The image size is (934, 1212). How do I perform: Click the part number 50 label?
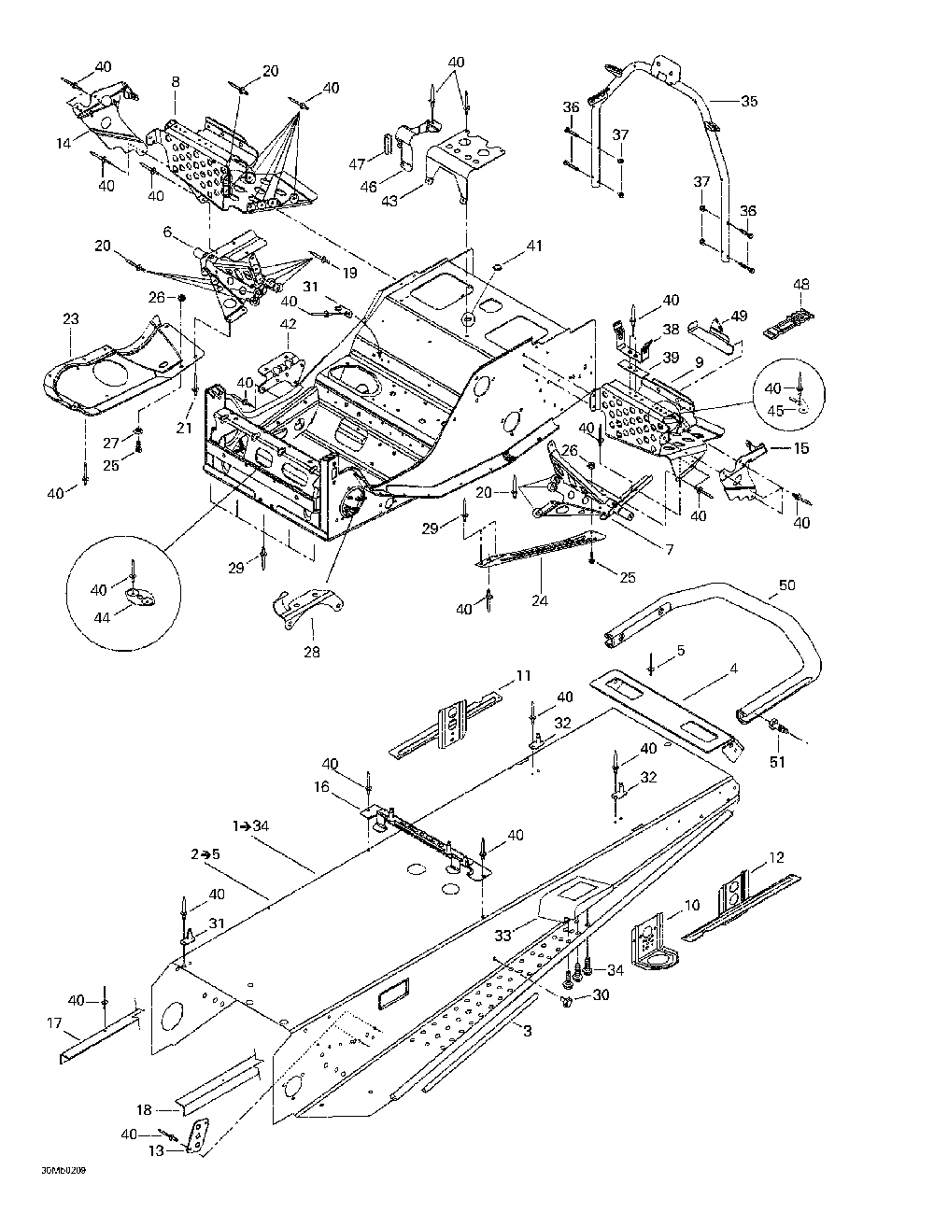[x=787, y=586]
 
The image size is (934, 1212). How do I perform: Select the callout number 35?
[x=750, y=101]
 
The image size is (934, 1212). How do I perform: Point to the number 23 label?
[x=71, y=318]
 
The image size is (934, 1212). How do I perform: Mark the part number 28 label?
[x=312, y=652]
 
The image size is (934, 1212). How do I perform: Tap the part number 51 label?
[x=777, y=761]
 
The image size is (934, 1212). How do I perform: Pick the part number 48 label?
[x=801, y=284]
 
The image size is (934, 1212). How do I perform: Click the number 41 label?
[x=533, y=247]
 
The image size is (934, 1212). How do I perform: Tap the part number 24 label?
[x=540, y=601]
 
